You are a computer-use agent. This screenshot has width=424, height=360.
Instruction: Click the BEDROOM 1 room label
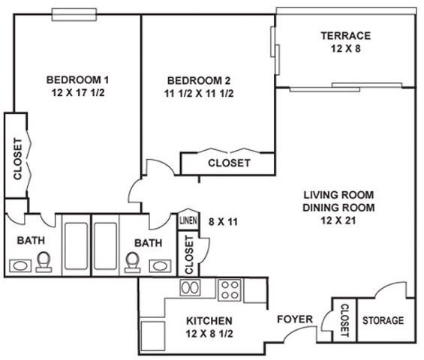pyautogui.click(x=77, y=79)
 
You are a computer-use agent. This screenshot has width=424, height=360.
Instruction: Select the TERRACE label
pyautogui.click(x=345, y=35)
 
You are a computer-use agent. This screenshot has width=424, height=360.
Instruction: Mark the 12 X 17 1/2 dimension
pyautogui.click(x=77, y=94)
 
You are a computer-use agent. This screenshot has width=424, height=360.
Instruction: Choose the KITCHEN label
pyautogui.click(x=210, y=321)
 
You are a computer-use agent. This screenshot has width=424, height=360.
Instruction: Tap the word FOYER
pyautogui.click(x=295, y=319)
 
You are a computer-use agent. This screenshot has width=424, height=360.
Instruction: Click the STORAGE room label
pyautogui.click(x=383, y=320)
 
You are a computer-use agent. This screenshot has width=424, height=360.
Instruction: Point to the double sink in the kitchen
pyautogui.click(x=189, y=287)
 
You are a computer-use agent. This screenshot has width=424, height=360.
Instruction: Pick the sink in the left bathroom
pyautogui.click(x=20, y=265)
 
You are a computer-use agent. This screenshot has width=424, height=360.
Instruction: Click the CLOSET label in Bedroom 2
pyautogui.click(x=228, y=163)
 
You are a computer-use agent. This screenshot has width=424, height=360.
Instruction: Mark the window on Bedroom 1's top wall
pyautogui.click(x=74, y=13)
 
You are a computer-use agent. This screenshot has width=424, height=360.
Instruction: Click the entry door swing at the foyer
pyautogui.click(x=298, y=338)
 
